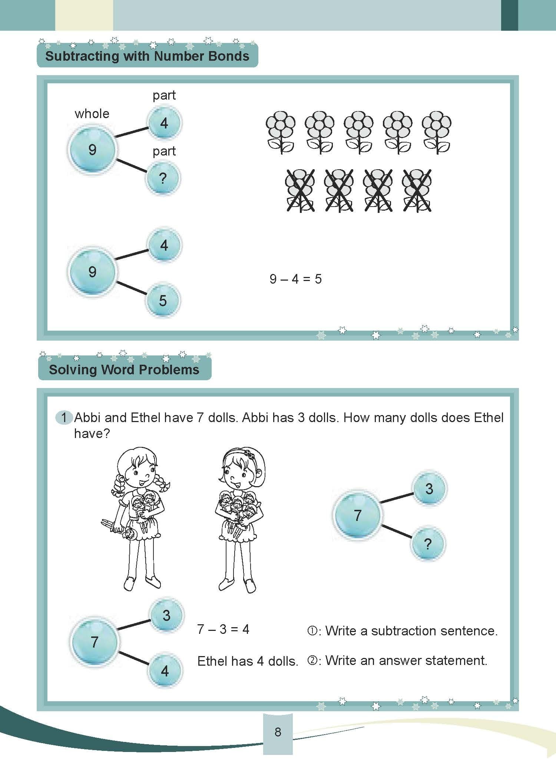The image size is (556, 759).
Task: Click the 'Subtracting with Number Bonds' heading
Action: pyautogui.click(x=147, y=56)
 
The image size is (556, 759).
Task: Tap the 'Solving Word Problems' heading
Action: pyautogui.click(x=124, y=370)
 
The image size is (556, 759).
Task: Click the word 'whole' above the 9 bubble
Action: pyautogui.click(x=92, y=114)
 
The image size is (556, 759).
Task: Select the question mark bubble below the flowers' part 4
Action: pyautogui.click(x=163, y=178)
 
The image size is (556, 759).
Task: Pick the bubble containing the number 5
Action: pyautogui.click(x=163, y=301)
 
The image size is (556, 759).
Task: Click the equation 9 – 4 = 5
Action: pyautogui.click(x=295, y=279)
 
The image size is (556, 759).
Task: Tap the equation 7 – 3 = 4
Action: pyautogui.click(x=223, y=629)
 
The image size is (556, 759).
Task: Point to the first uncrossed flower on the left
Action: pyautogui.click(x=281, y=132)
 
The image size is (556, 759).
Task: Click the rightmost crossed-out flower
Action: pyautogui.click(x=417, y=190)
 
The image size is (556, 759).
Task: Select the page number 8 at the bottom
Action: pyautogui.click(x=278, y=732)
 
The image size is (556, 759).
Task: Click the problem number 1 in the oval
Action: pyautogui.click(x=64, y=418)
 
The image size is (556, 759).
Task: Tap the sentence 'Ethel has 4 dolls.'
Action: pyautogui.click(x=248, y=661)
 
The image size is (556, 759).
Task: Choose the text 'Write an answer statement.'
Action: pyautogui.click(x=406, y=661)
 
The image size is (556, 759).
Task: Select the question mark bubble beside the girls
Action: pyautogui.click(x=428, y=544)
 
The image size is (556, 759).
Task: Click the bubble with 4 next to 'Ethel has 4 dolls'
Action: pyautogui.click(x=165, y=671)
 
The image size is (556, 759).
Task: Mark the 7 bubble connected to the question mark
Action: pyautogui.click(x=357, y=515)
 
